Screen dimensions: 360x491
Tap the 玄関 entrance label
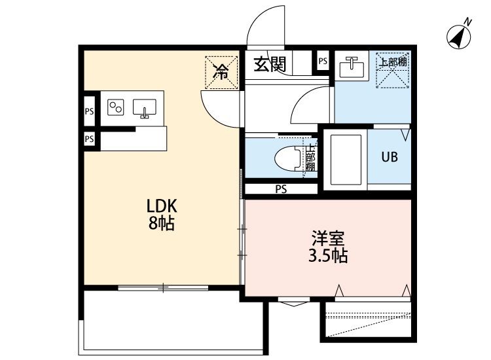coord(270,65)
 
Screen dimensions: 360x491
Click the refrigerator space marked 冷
coord(221,71)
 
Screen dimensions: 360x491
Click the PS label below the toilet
coord(282,190)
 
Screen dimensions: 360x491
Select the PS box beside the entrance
coord(322,62)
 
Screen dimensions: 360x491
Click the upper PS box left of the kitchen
coord(90,111)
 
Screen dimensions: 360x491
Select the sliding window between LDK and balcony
coord(164,286)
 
